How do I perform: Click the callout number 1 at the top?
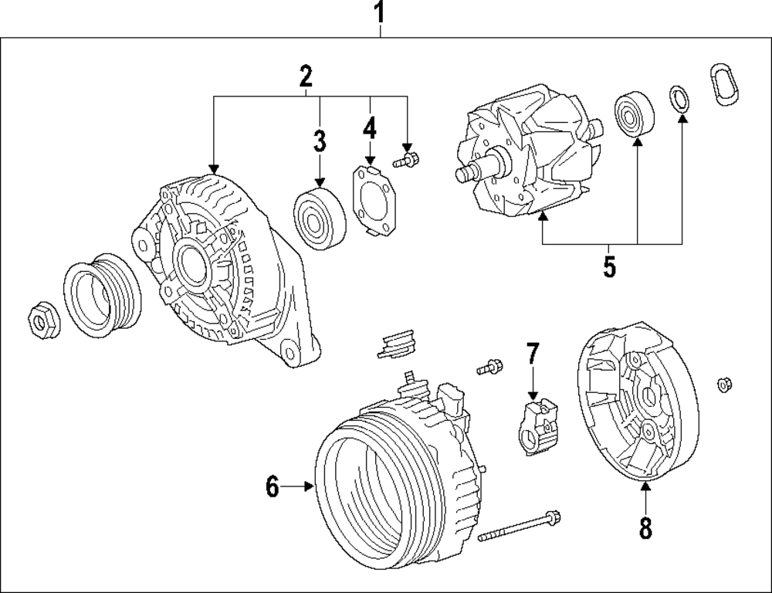379,12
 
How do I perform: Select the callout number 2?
306,76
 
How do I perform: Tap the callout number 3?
320,141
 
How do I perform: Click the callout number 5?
609,266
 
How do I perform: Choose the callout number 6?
272,486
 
